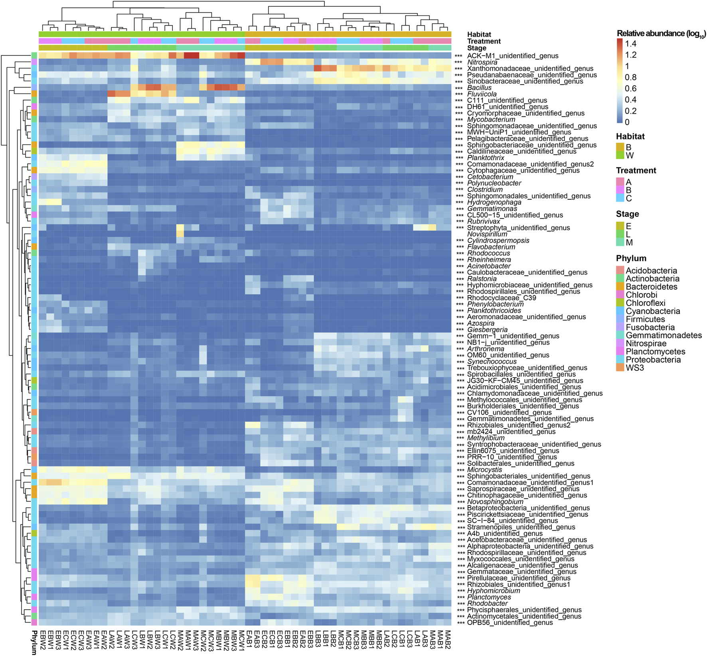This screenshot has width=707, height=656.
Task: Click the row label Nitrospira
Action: tap(482, 62)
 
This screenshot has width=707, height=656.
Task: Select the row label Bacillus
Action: tap(479, 88)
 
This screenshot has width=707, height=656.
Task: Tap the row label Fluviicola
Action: tap(482, 94)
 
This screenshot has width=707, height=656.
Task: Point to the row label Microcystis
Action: tap(484, 470)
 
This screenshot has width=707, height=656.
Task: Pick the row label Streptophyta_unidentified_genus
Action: tap(518, 228)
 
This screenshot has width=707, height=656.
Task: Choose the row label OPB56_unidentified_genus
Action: tap(510, 623)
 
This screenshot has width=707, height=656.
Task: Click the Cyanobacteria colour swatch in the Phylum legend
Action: tap(620, 311)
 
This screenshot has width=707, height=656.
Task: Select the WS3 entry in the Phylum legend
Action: tap(634, 368)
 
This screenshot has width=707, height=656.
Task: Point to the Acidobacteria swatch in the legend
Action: tap(620, 270)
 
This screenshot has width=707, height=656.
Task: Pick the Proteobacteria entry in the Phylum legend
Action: tap(653, 360)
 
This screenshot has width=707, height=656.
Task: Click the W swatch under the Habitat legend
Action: tap(620, 155)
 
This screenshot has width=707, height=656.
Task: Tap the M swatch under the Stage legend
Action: tap(620, 242)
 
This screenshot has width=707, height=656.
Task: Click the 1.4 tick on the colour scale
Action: tap(631, 44)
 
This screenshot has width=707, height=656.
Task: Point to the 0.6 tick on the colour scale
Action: tap(631, 89)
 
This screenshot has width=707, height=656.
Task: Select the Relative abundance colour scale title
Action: tap(661, 33)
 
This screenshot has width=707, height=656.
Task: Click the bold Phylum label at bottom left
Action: tap(34, 643)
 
